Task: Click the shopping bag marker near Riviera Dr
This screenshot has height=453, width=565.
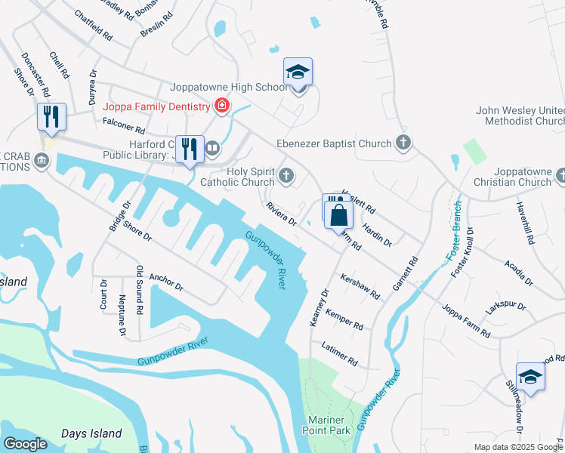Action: (x=339, y=215)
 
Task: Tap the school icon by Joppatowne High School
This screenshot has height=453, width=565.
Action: (x=298, y=73)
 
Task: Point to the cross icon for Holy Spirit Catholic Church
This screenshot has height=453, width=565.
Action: (x=286, y=176)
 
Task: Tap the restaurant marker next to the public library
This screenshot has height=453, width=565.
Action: (x=190, y=147)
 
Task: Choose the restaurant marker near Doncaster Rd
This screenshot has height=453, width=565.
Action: (x=51, y=118)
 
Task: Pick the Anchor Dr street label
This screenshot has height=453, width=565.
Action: (x=166, y=282)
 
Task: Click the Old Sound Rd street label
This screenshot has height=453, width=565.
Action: (x=139, y=289)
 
